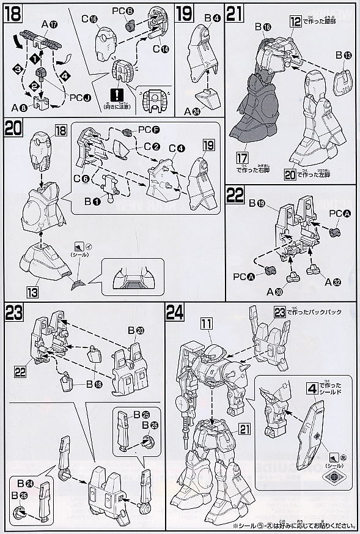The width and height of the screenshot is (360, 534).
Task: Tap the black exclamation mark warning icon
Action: pyautogui.click(x=115, y=94)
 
